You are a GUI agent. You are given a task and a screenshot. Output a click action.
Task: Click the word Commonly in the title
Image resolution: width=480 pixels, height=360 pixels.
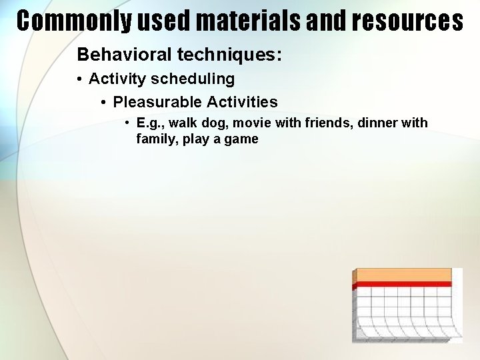74,21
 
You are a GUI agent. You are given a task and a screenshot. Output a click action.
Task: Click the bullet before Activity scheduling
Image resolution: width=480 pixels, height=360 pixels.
79,79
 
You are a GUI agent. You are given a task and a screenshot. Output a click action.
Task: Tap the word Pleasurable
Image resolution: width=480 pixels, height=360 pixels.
157,102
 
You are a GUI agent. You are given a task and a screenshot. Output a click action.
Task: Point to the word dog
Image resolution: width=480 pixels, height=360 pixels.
215,123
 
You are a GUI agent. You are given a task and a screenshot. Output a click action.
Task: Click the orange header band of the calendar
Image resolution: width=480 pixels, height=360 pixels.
404,275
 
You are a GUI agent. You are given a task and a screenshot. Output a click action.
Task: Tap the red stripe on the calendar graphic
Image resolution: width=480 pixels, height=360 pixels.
404,285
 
